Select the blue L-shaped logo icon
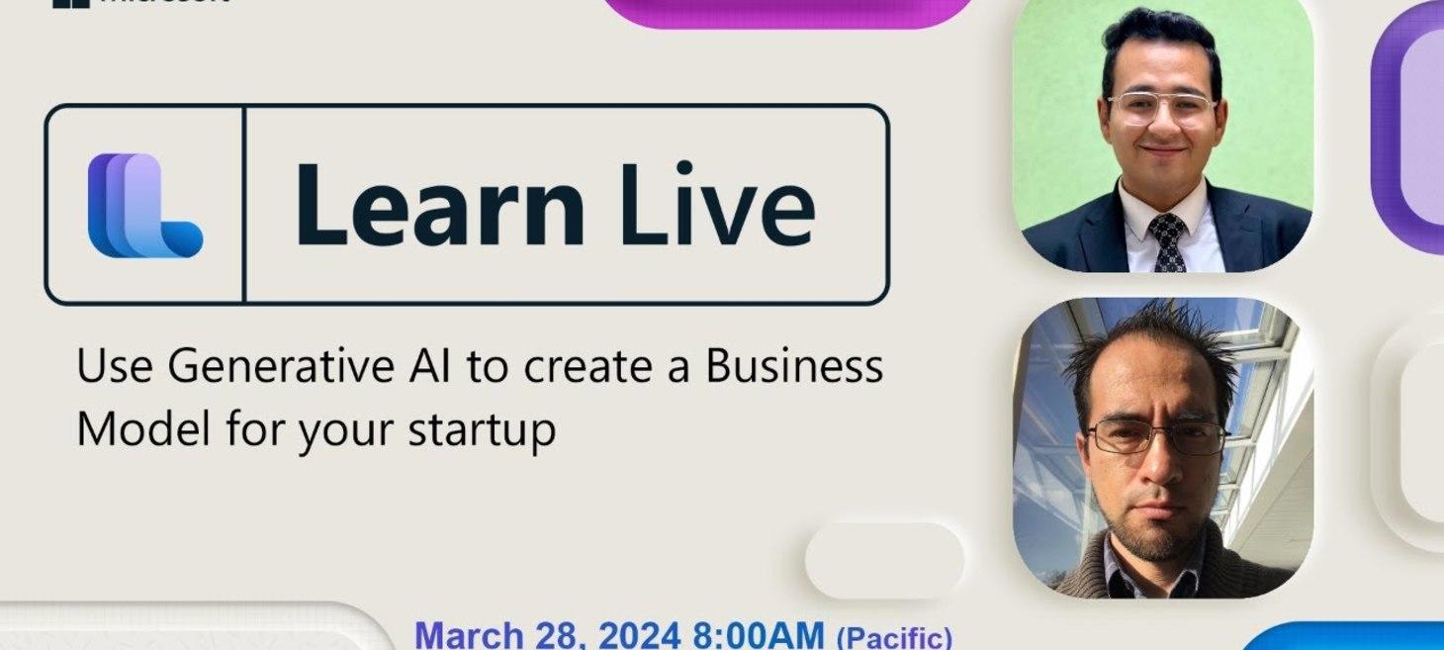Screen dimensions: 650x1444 (x=144, y=206)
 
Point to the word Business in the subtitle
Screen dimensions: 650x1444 (x=793, y=367)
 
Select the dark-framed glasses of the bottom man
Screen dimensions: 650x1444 (x=1156, y=435)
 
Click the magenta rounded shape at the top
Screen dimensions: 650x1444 (x=787, y=12)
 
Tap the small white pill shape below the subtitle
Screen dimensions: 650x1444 (x=884, y=560)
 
